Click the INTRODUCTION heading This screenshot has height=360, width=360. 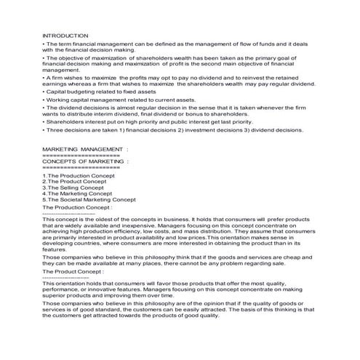coord(65,35)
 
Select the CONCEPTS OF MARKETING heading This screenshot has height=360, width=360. coord(85,161)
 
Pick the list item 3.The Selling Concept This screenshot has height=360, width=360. coord(73,188)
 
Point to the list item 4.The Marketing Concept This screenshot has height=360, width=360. coord(77,193)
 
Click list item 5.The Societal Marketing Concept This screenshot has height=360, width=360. coord(89,199)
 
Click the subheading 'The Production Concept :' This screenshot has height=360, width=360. coord(77,207)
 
